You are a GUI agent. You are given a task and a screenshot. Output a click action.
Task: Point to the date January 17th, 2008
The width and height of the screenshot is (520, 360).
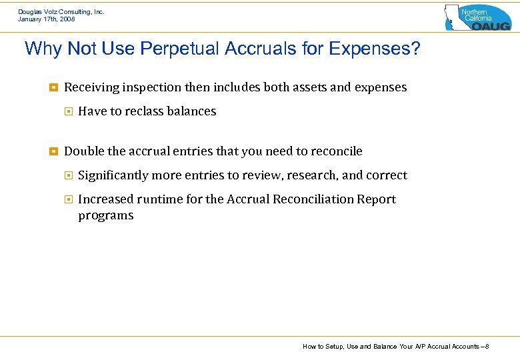(47, 19)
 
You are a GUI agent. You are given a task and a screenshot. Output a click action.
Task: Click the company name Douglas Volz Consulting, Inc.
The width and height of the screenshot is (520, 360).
(61, 11)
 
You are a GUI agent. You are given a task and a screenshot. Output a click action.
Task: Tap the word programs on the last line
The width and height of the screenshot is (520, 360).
(105, 215)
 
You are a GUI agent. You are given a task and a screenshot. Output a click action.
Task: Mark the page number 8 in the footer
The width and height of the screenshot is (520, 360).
(488, 347)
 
